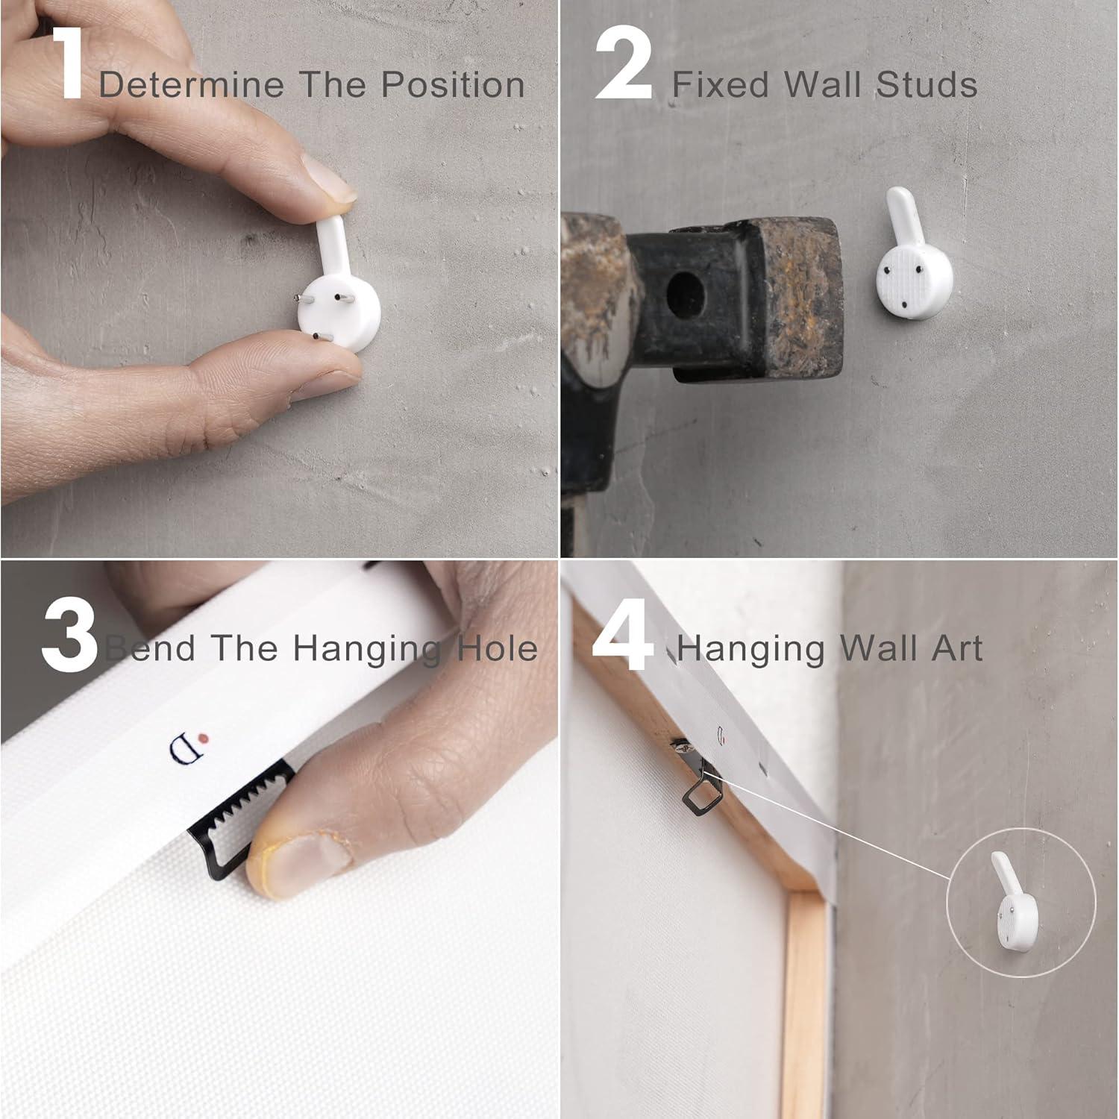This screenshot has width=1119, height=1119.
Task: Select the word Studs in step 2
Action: [927, 84]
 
